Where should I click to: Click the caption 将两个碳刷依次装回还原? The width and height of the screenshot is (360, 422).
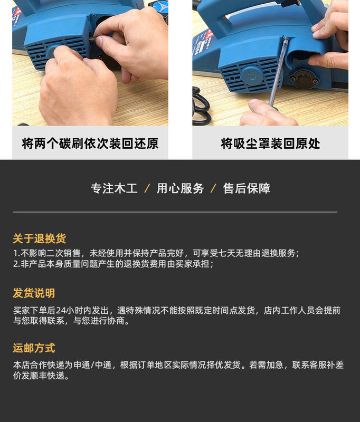click(90, 143)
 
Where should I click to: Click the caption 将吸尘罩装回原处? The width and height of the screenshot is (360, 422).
click(270, 143)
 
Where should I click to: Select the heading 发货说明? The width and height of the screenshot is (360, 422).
click(34, 293)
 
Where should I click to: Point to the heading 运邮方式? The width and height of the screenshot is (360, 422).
click(34, 348)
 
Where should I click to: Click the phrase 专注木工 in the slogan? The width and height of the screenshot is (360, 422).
click(114, 188)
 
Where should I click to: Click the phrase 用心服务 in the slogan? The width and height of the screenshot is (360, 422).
click(180, 188)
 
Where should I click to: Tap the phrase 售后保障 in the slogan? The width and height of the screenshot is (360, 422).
click(247, 188)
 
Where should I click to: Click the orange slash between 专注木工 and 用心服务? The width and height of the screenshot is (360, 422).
click(147, 188)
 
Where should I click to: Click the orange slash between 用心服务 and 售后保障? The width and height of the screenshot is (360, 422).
click(214, 188)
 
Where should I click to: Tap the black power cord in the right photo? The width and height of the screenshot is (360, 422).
click(201, 105)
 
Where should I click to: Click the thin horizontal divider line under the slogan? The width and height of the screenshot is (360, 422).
click(175, 212)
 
